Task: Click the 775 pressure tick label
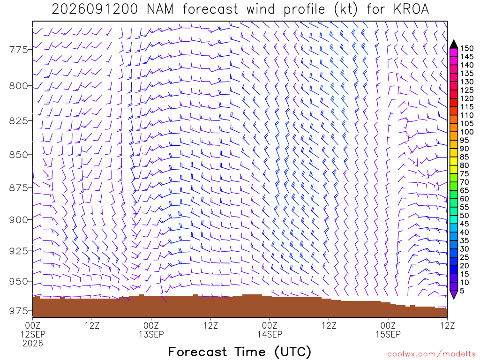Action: tap(19, 50)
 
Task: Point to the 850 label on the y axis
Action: tap(19, 155)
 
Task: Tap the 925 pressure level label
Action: tap(19, 251)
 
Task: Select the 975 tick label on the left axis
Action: tap(19, 311)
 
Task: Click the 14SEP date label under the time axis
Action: tap(270, 334)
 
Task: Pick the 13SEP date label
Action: tap(151, 334)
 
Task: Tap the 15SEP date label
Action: tap(388, 334)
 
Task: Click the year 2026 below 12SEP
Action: tap(33, 344)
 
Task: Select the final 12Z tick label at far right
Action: tap(447, 325)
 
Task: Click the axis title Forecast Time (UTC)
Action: tap(240, 352)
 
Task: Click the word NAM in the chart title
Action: tap(160, 9)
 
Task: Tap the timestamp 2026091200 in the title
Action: tap(95, 9)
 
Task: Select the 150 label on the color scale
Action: tap(467, 48)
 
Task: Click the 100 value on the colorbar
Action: tap(467, 132)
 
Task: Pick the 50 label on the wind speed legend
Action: tap(465, 216)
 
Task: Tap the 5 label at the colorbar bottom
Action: tap(462, 291)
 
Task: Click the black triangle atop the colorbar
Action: tap(454, 45)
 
